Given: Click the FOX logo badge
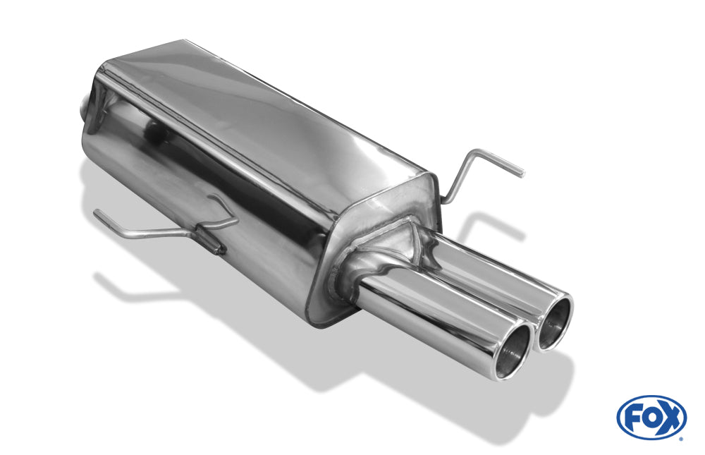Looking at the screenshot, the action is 651,417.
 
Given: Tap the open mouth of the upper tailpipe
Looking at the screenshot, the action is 556,321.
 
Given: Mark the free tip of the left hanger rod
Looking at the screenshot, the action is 96,213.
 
